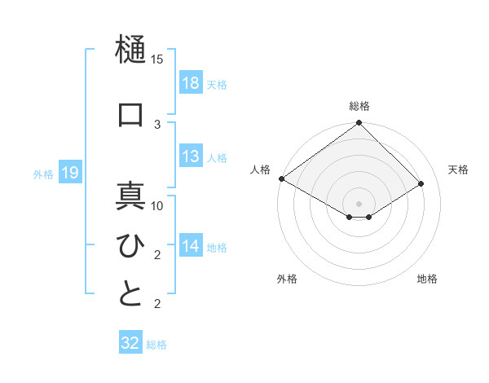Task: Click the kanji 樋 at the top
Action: (130, 51)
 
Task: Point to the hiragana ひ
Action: (130, 244)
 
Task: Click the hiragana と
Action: (130, 293)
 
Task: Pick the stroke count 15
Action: (156, 59)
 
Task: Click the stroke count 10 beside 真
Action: (157, 206)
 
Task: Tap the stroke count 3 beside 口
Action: (157, 124)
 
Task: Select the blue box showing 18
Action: (191, 83)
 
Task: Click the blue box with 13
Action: (191, 156)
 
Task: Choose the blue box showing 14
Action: (191, 246)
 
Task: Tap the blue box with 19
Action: (69, 173)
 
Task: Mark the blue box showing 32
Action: (130, 343)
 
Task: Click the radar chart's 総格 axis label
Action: (359, 106)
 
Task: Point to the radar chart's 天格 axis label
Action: (458, 169)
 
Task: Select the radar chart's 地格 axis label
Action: (427, 279)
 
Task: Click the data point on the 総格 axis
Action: (359, 124)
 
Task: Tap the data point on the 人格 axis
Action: (282, 178)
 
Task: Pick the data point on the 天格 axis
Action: (421, 183)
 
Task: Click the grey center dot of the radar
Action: (359, 203)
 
